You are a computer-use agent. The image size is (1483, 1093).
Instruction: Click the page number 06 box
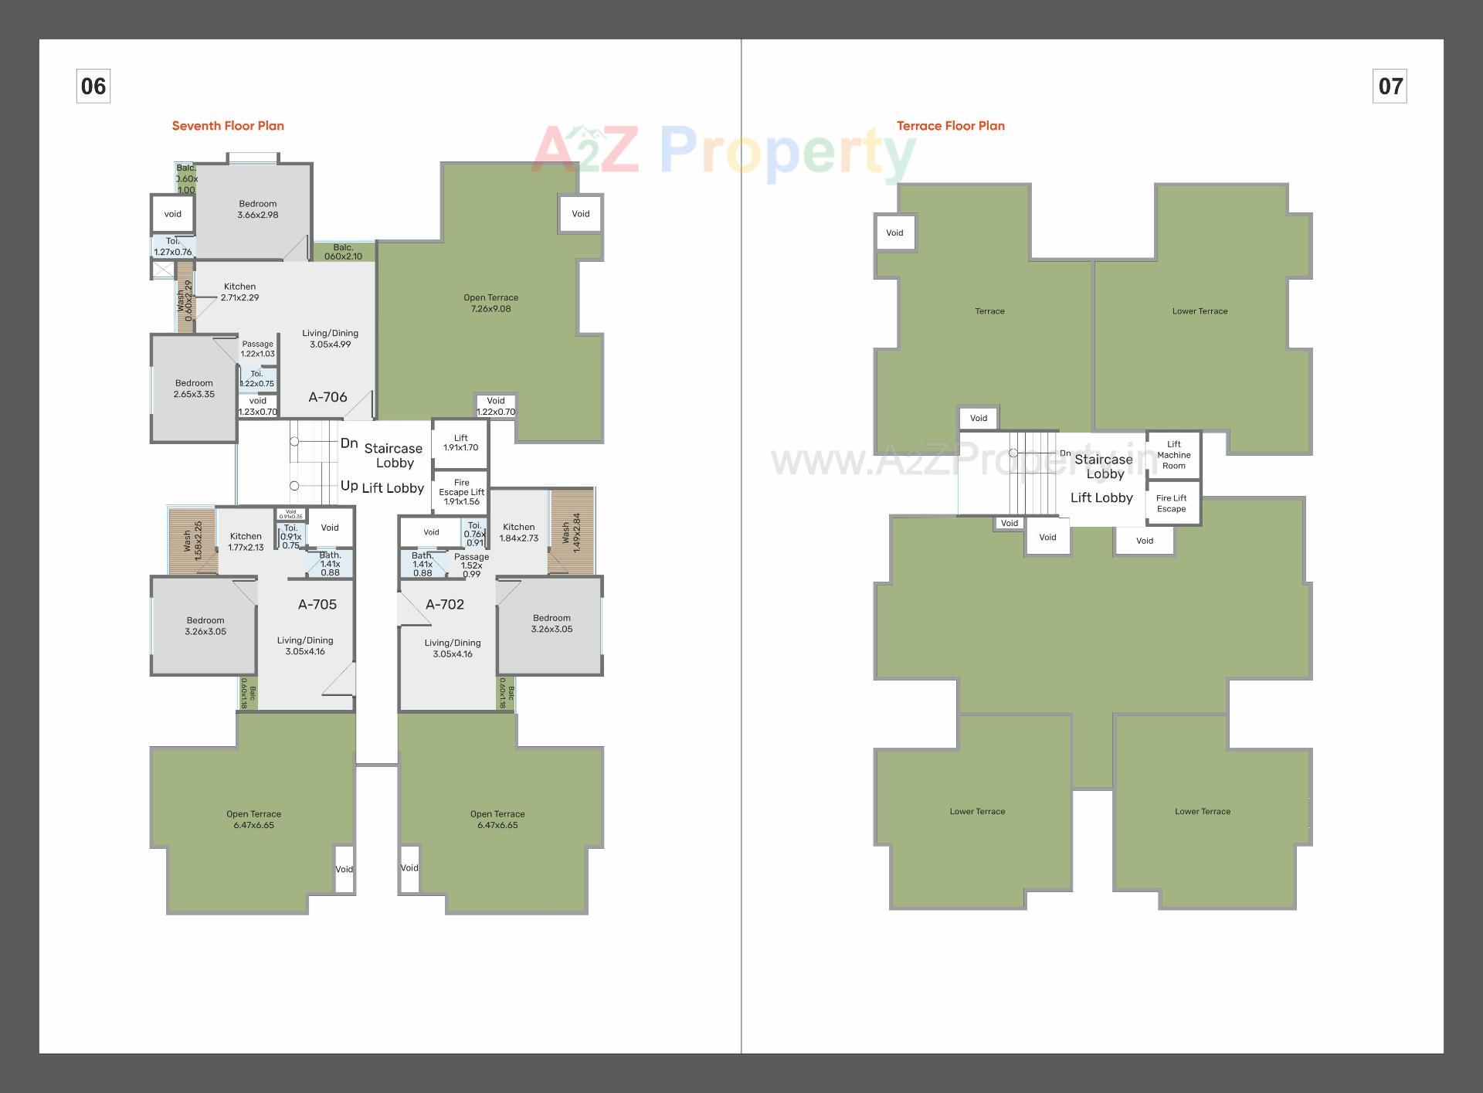[x=93, y=86]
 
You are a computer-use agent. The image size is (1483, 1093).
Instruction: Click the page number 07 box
[x=1390, y=86]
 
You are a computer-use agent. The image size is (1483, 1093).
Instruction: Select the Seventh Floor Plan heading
[x=228, y=126]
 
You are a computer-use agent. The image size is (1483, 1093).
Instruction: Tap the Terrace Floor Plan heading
[x=950, y=126]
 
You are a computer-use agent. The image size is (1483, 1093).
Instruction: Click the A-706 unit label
[x=327, y=397]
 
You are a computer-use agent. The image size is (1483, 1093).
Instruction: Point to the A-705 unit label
[x=317, y=604]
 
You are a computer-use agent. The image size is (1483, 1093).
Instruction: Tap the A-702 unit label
[x=445, y=604]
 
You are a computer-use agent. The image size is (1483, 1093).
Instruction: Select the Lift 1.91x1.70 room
[x=460, y=443]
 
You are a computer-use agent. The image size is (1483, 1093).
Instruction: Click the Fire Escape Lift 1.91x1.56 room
[x=461, y=492]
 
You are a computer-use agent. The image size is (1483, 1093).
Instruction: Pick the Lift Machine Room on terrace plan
[x=1173, y=455]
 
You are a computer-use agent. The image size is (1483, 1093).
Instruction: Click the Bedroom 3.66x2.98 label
[x=257, y=209]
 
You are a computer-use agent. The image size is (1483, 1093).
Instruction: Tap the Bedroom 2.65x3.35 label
[x=194, y=389]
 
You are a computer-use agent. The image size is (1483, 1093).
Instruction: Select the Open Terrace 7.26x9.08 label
[x=490, y=303]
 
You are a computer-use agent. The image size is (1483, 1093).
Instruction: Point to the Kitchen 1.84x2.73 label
[x=518, y=532]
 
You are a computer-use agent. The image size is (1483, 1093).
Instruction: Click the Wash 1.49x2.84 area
[x=571, y=532]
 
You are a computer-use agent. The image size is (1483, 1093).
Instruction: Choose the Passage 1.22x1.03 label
[x=257, y=349]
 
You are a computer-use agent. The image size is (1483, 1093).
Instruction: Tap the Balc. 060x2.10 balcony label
[x=343, y=252]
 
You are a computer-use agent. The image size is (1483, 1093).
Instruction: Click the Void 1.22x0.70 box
[x=496, y=406]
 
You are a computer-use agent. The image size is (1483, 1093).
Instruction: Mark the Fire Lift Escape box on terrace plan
[x=1172, y=504]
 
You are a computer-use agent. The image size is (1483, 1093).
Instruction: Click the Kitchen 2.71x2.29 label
[x=239, y=292]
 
